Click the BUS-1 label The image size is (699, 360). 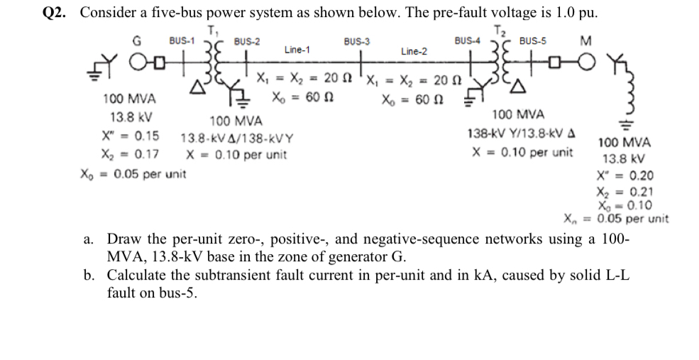pyautogui.click(x=182, y=40)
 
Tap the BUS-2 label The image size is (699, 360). pyautogui.click(x=246, y=42)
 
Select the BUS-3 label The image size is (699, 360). pyautogui.click(x=356, y=42)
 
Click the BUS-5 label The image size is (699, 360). pyautogui.click(x=532, y=41)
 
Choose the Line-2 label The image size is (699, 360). pyautogui.click(x=414, y=51)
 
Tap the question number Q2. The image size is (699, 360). pyautogui.click(x=55, y=12)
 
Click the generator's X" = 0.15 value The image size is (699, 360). pyautogui.click(x=131, y=136)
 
